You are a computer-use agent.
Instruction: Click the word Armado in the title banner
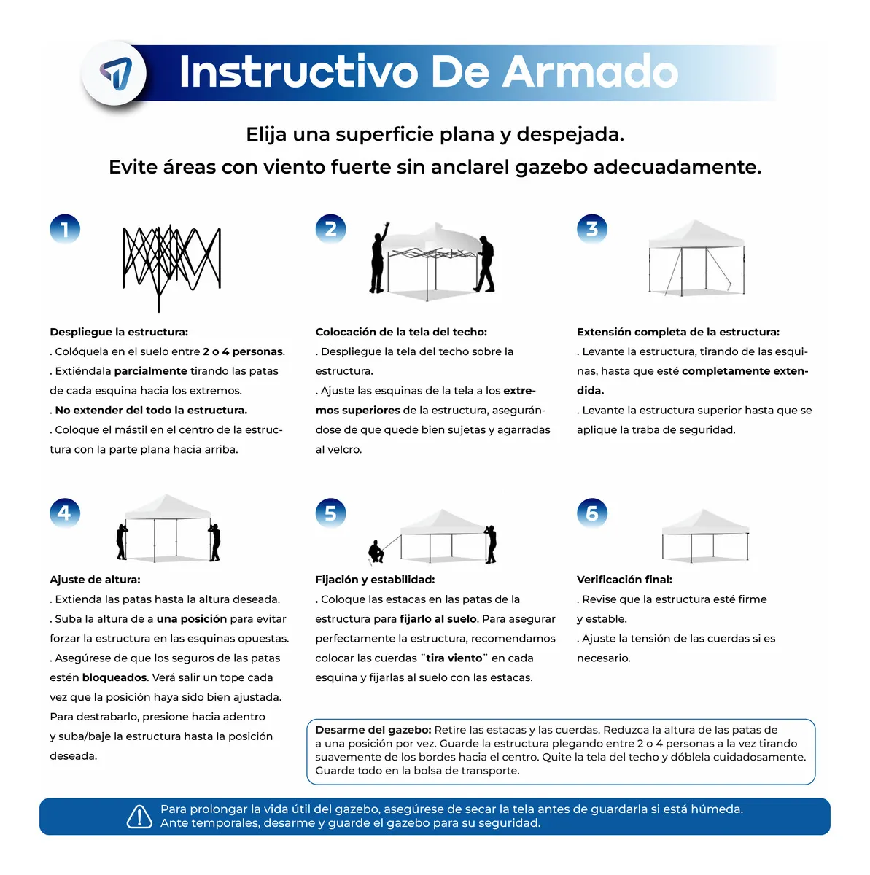coord(590,72)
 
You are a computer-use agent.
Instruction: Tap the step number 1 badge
coord(64,230)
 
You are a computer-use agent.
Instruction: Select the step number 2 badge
coord(330,229)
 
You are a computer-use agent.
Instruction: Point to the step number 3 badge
coord(591,229)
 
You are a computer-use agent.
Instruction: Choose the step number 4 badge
coord(64,513)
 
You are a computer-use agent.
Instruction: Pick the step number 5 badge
coord(330,513)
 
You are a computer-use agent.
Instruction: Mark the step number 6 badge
coord(591,513)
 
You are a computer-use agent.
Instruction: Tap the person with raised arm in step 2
coord(378,259)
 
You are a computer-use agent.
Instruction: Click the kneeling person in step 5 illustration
coord(376,552)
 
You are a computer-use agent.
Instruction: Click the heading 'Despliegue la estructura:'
coord(119,332)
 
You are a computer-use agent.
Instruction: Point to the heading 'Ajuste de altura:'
coord(95,580)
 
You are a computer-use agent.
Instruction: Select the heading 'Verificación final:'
coord(624,580)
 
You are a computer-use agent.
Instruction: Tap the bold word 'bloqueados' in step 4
coord(114,677)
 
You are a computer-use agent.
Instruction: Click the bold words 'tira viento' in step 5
coord(454,658)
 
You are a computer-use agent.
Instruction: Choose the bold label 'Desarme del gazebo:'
coord(373,730)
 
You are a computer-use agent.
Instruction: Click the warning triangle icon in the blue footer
coord(139,817)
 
